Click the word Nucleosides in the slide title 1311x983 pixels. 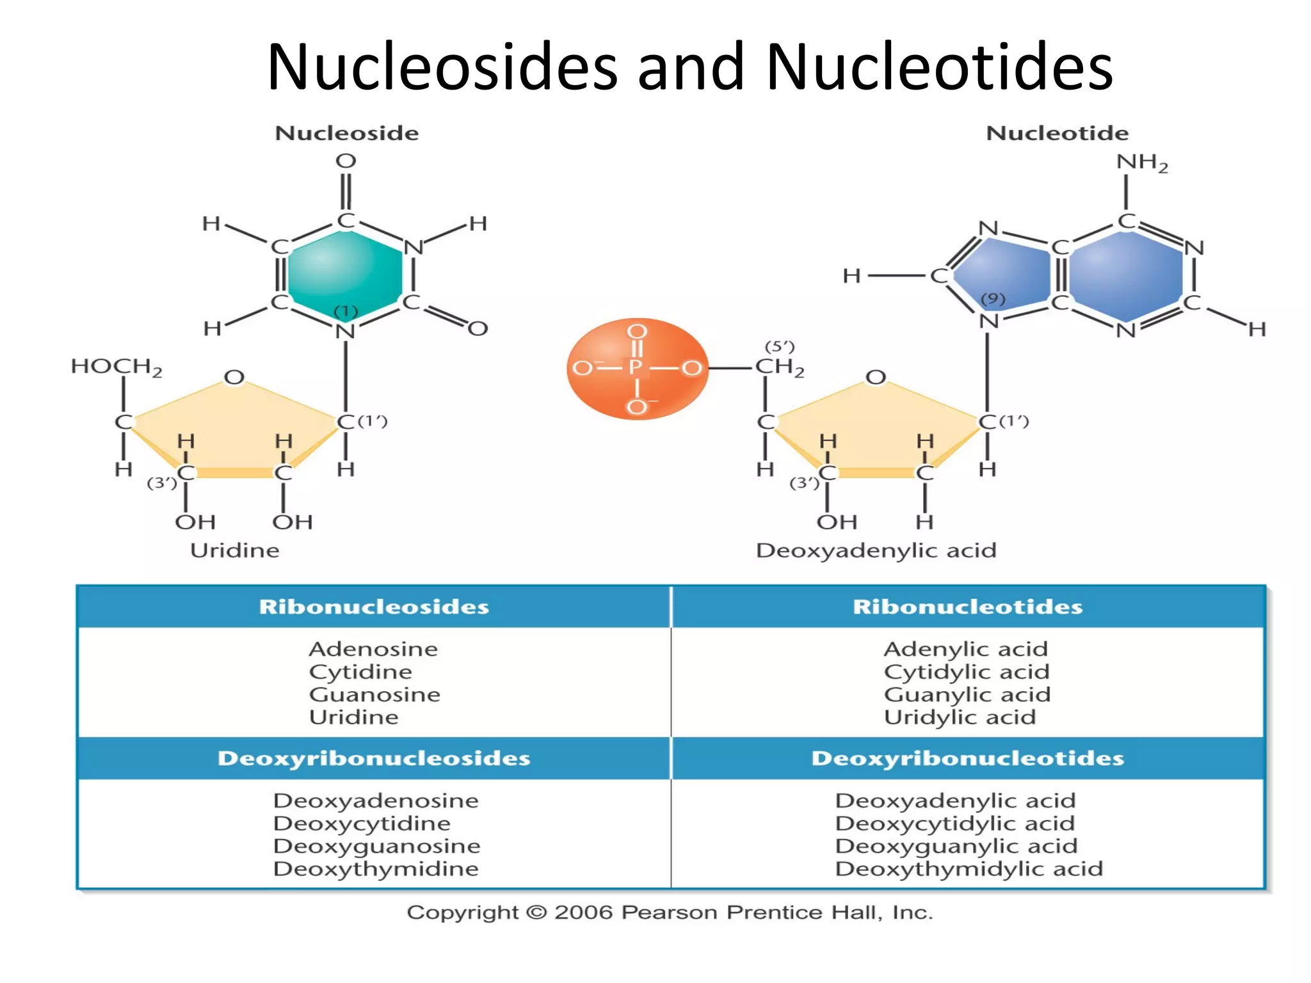click(x=442, y=67)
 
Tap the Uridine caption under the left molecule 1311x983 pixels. click(x=234, y=550)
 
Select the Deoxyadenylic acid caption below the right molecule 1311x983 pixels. click(x=876, y=550)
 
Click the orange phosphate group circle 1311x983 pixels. click(x=637, y=369)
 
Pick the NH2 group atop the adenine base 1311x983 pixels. click(x=1141, y=163)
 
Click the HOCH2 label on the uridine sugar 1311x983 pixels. click(x=116, y=367)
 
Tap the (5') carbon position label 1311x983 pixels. click(x=779, y=346)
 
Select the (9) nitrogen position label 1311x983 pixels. click(x=993, y=299)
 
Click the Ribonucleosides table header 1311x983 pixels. click(x=374, y=607)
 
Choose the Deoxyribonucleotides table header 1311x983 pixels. click(x=967, y=758)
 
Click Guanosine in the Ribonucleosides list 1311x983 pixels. click(x=374, y=694)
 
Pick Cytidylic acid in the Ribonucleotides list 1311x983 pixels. click(x=967, y=672)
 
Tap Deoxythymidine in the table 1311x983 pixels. click(x=376, y=869)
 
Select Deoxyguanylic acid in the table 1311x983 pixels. click(x=956, y=846)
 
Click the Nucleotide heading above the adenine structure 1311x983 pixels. click(x=1057, y=133)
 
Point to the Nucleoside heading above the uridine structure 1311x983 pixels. click(x=346, y=133)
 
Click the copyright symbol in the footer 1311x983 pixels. click(x=536, y=912)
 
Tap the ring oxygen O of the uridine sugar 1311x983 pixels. click(x=234, y=377)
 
